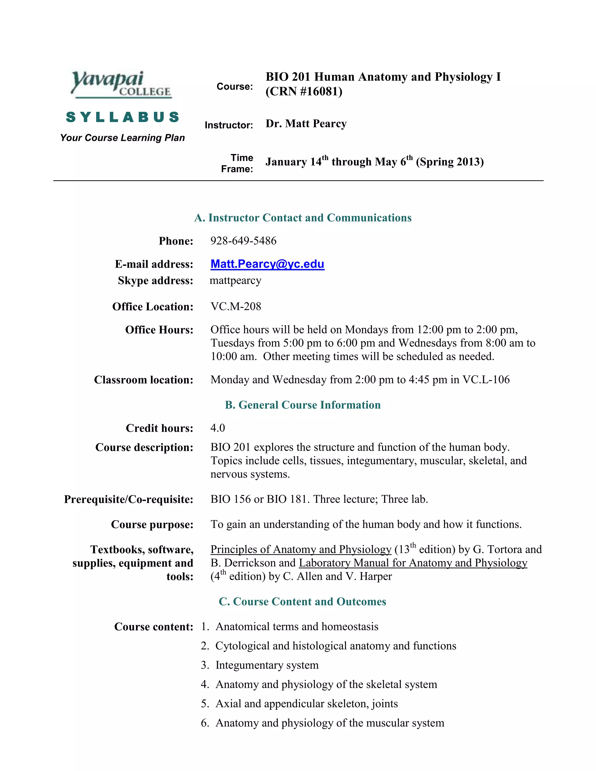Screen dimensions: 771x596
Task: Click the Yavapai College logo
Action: tap(121, 84)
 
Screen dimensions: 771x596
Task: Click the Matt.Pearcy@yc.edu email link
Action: tap(267, 264)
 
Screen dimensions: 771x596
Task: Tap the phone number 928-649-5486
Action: tap(243, 241)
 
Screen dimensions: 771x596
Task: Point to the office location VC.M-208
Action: tap(236, 306)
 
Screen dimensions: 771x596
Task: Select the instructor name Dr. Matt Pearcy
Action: tap(306, 124)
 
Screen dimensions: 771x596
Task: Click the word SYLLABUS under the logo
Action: tap(123, 117)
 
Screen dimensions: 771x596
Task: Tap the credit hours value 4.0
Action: tap(217, 428)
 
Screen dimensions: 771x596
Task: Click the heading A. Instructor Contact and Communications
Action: tap(303, 218)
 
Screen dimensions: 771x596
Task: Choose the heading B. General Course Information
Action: tap(303, 405)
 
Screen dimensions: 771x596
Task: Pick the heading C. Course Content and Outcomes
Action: tap(302, 602)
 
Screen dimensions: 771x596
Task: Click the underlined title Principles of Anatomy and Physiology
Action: tap(301, 549)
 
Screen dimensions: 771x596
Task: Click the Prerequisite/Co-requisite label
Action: tap(129, 499)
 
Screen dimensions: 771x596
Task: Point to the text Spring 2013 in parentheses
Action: tap(449, 162)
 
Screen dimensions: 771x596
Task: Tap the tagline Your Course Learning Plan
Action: tap(123, 138)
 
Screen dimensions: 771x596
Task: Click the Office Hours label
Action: tap(159, 330)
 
